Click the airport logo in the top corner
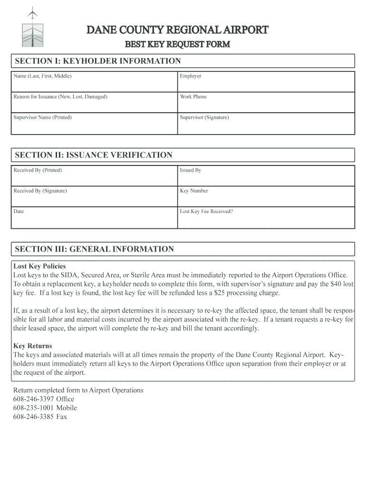[x=32, y=29]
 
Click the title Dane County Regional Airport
[x=177, y=30]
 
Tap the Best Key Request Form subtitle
[x=177, y=45]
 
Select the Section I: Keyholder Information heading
[x=98, y=61]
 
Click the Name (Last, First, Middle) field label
[x=43, y=76]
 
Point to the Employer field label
[x=191, y=76]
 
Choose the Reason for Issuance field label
[x=60, y=97]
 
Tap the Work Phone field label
[x=193, y=97]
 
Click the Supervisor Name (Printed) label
[x=43, y=117]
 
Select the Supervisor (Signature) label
[x=204, y=117]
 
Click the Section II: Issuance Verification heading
[x=94, y=155]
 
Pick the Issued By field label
[x=191, y=170]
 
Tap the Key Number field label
[x=194, y=191]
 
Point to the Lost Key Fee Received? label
[x=206, y=211]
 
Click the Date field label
[x=19, y=211]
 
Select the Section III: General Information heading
[x=95, y=249]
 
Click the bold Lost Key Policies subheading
[x=39, y=266]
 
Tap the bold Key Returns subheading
[x=33, y=346]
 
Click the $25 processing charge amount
[x=220, y=293]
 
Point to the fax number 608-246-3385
[x=34, y=417]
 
